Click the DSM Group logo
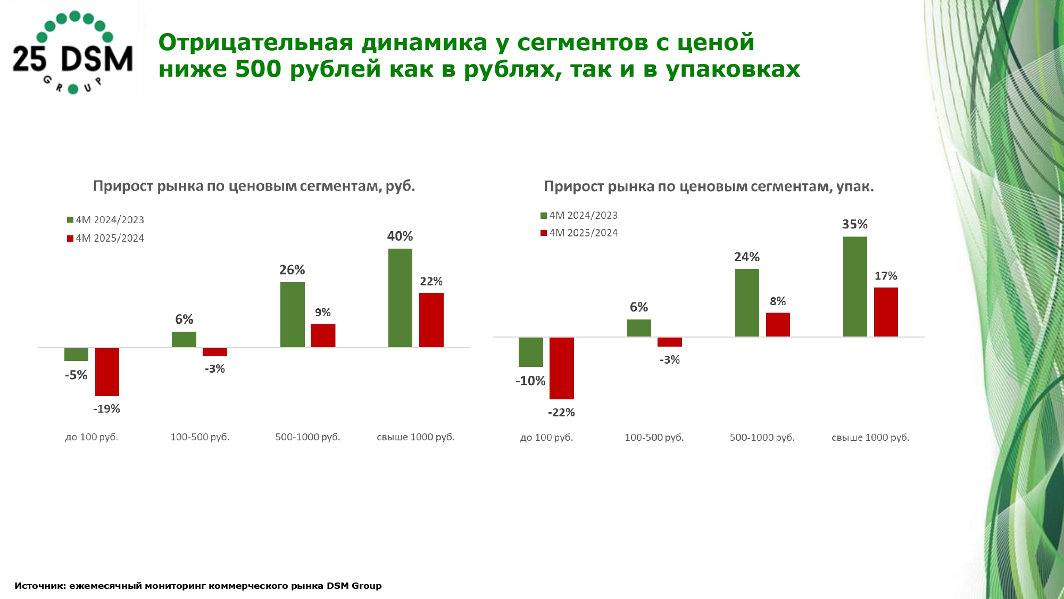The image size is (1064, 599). [x=73, y=52]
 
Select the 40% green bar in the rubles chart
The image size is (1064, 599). [x=400, y=298]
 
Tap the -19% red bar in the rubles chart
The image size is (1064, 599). [x=107, y=372]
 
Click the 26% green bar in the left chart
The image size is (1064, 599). [x=292, y=315]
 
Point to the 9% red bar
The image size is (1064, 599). [x=323, y=335]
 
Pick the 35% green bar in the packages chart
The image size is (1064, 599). [x=855, y=286]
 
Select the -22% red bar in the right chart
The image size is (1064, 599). [x=562, y=368]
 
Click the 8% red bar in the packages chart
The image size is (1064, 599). [x=778, y=324]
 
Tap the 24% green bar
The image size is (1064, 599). [x=747, y=302]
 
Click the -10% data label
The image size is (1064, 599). [x=530, y=381]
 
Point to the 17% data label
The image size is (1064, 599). [x=886, y=276]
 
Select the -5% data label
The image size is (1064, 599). [x=76, y=375]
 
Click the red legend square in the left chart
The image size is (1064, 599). [x=70, y=239]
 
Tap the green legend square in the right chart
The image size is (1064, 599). [x=544, y=216]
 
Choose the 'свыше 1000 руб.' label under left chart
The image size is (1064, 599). [x=415, y=437]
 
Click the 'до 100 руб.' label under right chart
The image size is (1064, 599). [x=546, y=438]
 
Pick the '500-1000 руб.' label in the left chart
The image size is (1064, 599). [x=307, y=437]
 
